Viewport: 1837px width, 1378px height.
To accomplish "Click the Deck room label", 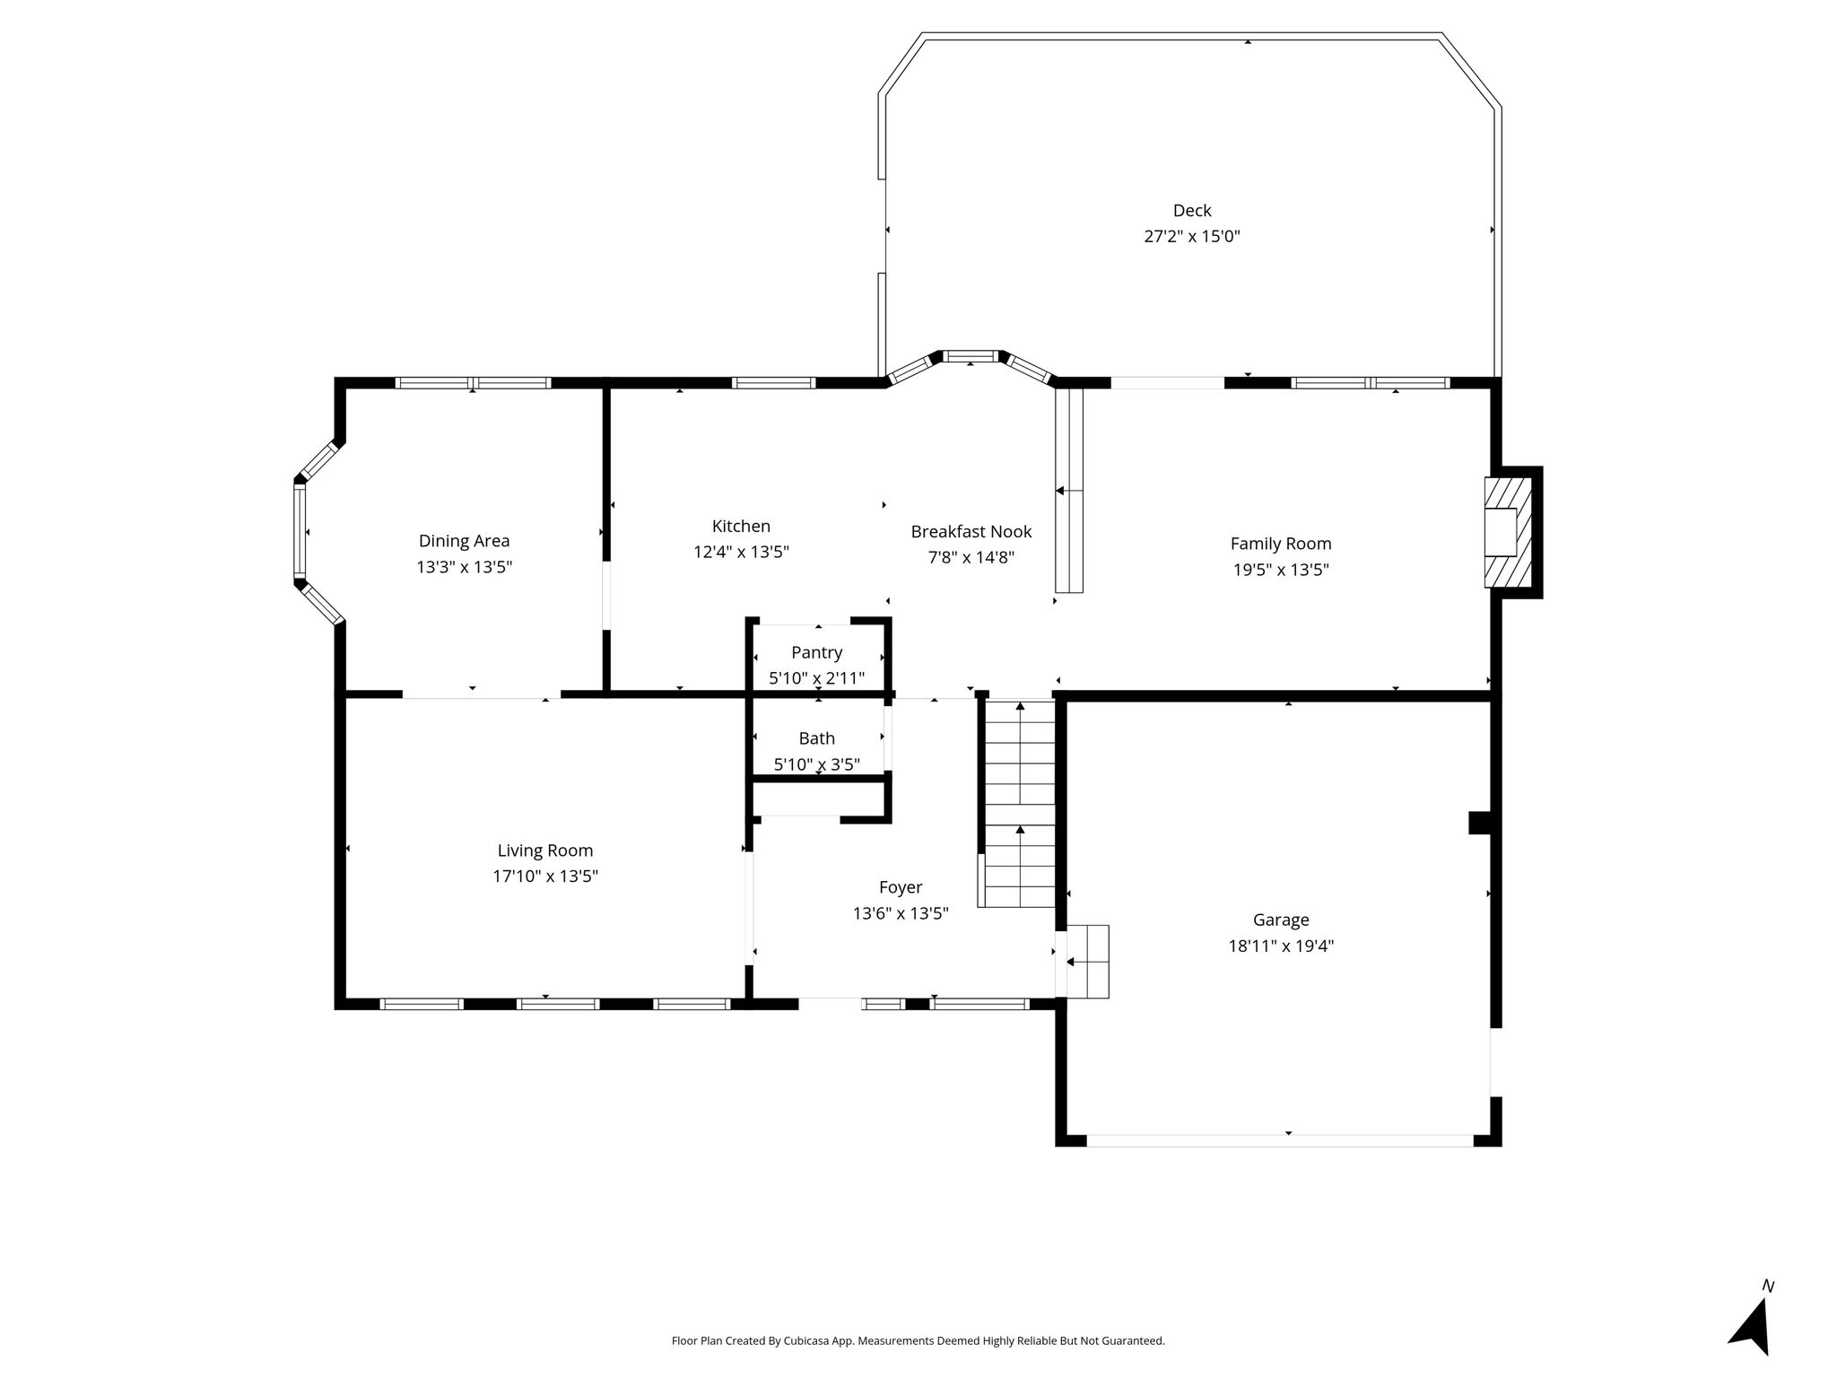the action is point(1192,211).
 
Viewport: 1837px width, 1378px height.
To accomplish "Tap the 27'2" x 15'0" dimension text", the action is point(1192,237).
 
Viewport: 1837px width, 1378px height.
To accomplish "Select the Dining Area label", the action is point(464,541).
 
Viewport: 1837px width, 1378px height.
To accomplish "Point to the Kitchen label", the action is point(741,527).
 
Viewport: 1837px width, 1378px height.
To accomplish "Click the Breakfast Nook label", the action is point(971,531).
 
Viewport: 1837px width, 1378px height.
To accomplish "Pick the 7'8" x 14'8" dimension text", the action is point(971,558).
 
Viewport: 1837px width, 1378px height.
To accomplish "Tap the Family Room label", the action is point(1281,544).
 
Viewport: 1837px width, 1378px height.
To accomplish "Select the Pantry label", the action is point(816,653).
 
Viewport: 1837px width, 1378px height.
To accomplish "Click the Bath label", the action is point(816,738).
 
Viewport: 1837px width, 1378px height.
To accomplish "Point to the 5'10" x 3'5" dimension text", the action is point(816,765).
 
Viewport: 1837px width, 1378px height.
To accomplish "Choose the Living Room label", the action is point(545,851).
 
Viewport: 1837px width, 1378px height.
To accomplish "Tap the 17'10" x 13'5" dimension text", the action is point(545,877).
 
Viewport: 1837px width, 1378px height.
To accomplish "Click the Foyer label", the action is point(901,888).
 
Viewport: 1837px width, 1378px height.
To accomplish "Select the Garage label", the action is point(1281,920).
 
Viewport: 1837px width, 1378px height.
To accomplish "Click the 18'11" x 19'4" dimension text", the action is point(1281,946).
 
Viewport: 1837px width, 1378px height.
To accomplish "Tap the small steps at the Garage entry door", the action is point(1087,962).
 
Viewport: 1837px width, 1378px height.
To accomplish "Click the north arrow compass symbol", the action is point(1750,1322).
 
